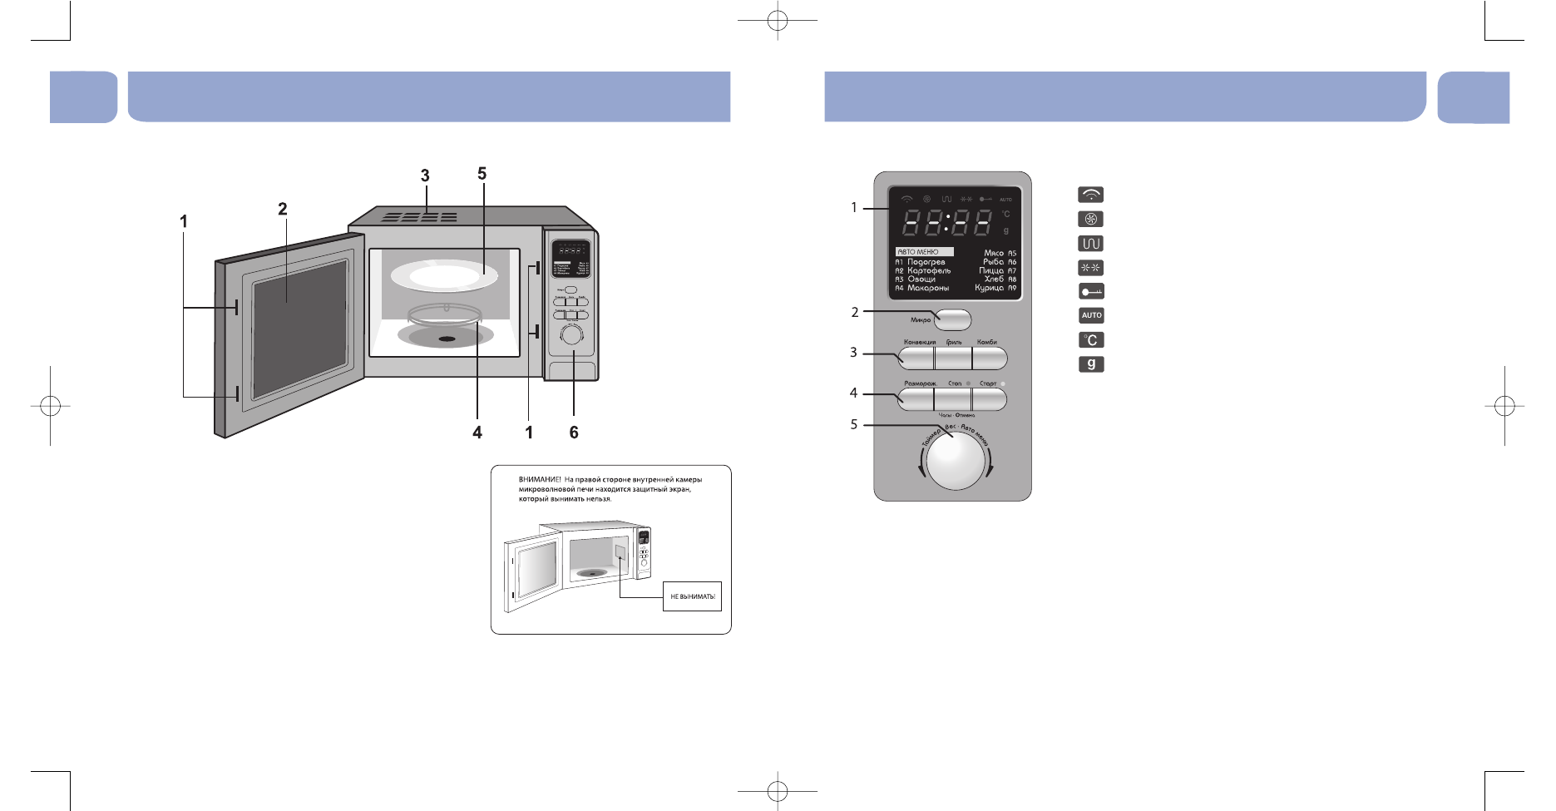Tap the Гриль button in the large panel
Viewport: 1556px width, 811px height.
[953, 359]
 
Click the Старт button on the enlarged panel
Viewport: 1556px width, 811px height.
[990, 399]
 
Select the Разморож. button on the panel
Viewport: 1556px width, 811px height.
[916, 399]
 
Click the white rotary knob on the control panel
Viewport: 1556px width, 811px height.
[956, 462]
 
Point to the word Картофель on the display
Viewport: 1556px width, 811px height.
[929, 270]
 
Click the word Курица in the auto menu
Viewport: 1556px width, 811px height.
[990, 288]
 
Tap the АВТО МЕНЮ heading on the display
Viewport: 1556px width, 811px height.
[918, 252]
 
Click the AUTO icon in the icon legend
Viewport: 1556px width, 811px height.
[1091, 315]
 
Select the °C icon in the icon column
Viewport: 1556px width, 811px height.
[1091, 339]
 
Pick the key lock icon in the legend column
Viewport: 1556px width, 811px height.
[1091, 291]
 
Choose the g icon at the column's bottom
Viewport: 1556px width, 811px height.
[1091, 363]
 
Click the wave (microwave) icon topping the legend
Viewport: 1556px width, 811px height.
[1091, 195]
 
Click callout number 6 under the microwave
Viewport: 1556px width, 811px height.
[574, 433]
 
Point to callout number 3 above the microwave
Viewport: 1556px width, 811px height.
[425, 176]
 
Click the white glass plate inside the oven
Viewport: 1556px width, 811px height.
[445, 275]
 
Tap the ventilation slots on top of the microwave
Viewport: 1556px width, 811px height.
[420, 217]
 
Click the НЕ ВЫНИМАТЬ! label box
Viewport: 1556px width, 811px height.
[692, 596]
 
